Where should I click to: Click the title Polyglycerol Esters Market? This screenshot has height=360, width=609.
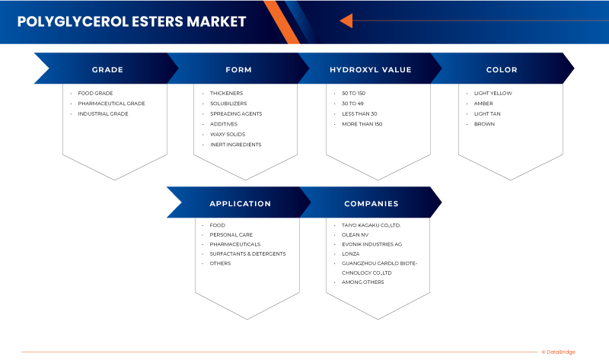pos(131,21)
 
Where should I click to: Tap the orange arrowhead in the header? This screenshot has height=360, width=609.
pos(346,21)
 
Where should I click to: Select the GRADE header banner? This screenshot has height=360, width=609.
pos(107,69)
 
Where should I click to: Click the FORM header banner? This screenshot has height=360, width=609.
pos(238,69)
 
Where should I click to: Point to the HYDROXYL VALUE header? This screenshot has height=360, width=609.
pos(370,69)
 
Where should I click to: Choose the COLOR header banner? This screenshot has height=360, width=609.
pos(501,69)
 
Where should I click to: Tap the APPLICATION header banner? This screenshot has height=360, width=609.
pos(240,203)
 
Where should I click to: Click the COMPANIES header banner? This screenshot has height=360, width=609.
pos(371,203)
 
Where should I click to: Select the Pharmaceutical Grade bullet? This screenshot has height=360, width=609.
pos(111,104)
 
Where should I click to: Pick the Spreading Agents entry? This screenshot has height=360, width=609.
pos(236,113)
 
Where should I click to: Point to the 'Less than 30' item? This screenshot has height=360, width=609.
pos(359,113)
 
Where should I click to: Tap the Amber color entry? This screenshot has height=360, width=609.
pos(483,104)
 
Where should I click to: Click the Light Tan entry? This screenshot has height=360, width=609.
pos(487,113)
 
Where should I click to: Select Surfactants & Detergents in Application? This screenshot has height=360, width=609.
pos(247,253)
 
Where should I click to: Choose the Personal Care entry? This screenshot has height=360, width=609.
pos(231,234)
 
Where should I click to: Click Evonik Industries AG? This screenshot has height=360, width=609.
pos(372,244)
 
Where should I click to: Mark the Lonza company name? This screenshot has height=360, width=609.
pos(351,253)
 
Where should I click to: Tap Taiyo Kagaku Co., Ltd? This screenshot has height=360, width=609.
pos(371,225)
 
